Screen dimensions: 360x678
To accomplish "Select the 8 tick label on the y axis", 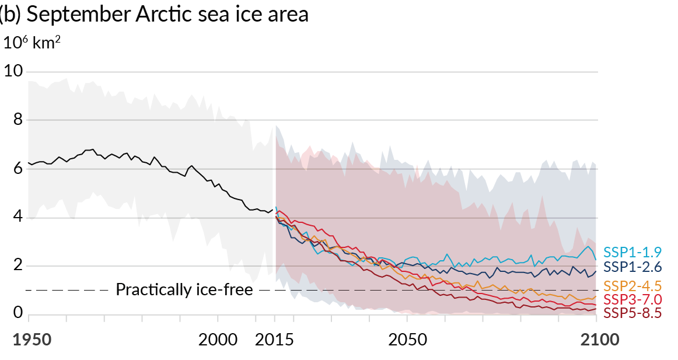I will click(x=18, y=120).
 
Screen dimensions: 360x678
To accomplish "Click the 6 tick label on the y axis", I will click(x=18, y=169).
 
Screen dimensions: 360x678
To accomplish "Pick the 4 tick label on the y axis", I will click(x=18, y=218).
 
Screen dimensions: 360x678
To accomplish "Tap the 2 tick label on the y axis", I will click(x=18, y=266).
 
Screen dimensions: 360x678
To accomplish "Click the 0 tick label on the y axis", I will click(x=18, y=314).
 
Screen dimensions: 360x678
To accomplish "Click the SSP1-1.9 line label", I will click(x=632, y=252).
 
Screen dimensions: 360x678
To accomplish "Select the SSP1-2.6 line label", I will click(x=632, y=267).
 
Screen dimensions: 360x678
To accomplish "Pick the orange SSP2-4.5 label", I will click(x=632, y=286).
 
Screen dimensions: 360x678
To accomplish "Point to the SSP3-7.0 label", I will click(x=632, y=299).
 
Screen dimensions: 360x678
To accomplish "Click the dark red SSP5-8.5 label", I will click(x=632, y=313).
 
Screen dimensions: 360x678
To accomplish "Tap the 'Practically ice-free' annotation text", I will click(x=184, y=289).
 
